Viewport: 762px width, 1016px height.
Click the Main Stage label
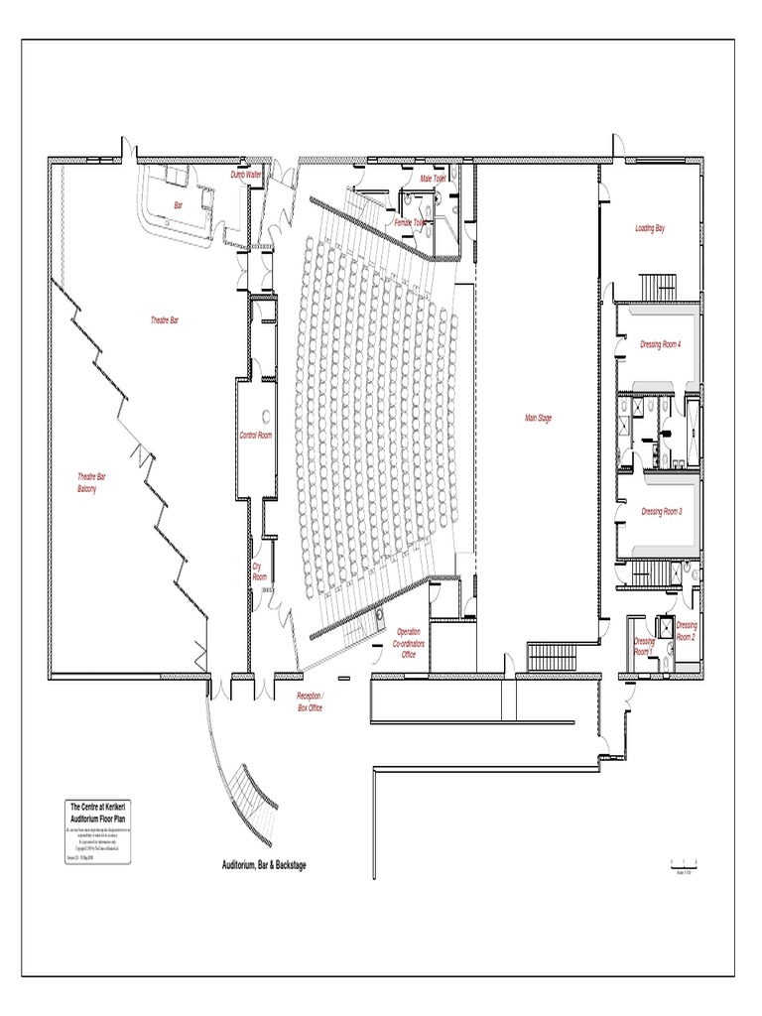pos(538,418)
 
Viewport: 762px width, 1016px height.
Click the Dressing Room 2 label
pos(687,631)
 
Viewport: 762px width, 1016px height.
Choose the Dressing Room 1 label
pos(644,647)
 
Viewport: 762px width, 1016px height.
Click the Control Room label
pos(255,435)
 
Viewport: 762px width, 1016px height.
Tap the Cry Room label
pos(259,571)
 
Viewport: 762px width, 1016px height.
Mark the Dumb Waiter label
pos(246,175)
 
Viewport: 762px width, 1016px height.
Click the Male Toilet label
pos(433,179)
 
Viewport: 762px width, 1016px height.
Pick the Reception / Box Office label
pos(311,702)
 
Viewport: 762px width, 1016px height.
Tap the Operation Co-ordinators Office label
pos(408,643)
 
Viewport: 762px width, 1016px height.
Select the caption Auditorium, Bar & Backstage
pos(264,865)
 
